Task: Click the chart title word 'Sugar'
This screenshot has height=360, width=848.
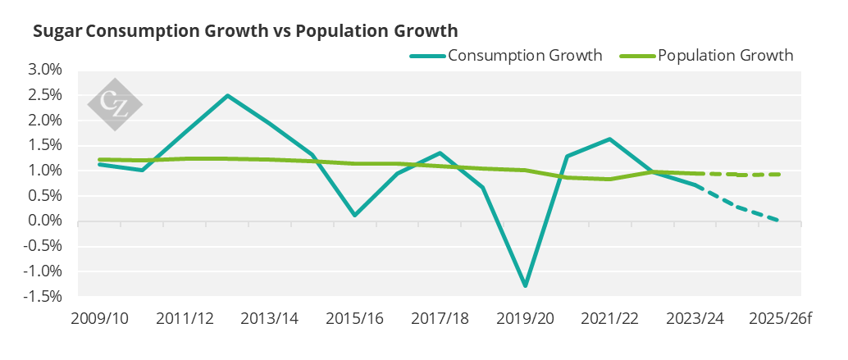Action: click(x=58, y=31)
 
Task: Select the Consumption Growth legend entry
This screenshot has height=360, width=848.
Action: click(x=506, y=56)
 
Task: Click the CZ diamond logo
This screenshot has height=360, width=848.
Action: click(x=115, y=104)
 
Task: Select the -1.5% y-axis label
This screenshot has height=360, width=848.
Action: click(x=45, y=296)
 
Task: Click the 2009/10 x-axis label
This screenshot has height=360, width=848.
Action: click(x=99, y=319)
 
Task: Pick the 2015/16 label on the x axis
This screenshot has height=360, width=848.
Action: click(x=354, y=319)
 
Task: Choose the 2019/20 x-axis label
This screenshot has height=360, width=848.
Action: click(x=525, y=319)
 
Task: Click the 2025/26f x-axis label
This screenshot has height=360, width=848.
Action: click(x=781, y=319)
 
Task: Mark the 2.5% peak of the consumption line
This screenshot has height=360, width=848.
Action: click(x=228, y=96)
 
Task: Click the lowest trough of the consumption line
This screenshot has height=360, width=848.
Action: click(x=526, y=285)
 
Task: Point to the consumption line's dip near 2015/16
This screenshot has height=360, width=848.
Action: click(x=355, y=215)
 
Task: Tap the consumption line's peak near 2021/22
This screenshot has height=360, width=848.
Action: click(x=610, y=139)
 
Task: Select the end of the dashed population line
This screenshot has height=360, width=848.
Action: click(x=779, y=174)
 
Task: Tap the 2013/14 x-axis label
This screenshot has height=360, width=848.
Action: click(x=269, y=319)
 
